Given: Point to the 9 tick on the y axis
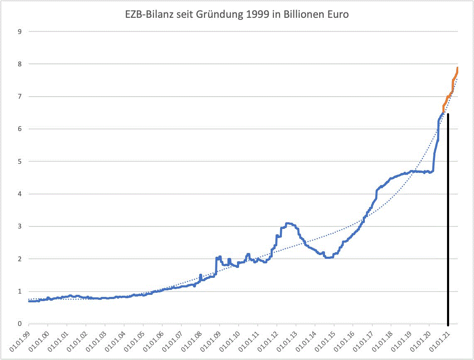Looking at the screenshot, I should pos(19,32).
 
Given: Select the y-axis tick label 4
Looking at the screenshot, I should pos(19,194).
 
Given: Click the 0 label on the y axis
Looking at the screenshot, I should pos(19,324).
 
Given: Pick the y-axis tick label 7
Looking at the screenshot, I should pos(19,96).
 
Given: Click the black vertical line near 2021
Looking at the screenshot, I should pos(448,220).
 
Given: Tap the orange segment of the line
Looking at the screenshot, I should pos(450,94).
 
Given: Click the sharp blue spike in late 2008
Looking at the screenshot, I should pos(217,258).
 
